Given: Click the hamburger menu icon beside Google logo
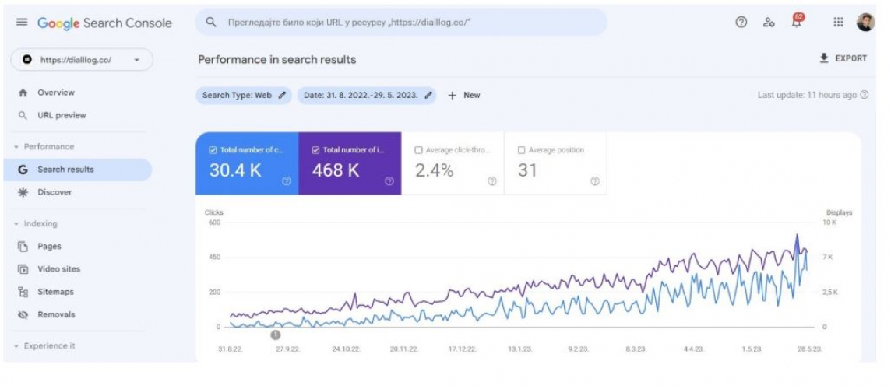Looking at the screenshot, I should click(22, 23).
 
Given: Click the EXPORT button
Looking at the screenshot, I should click(843, 58).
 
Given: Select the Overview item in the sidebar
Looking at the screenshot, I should click(55, 93).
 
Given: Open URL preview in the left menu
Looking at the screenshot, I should click(62, 115).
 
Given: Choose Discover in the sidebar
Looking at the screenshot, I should click(55, 192).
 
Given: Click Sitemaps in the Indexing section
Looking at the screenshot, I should click(55, 292).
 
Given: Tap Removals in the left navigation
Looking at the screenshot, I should click(56, 314).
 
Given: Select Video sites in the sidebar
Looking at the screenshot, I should click(58, 269).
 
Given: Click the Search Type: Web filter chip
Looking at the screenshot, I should click(244, 95).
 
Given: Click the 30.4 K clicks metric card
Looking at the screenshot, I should click(247, 163).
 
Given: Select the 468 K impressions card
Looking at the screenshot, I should click(350, 163).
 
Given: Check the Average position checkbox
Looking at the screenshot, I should click(521, 150).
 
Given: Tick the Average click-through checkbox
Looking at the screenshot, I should click(419, 150).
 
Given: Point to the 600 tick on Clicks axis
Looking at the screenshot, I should click(213, 222).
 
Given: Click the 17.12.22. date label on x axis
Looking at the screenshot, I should click(462, 349).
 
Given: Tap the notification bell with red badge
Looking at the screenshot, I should click(796, 23).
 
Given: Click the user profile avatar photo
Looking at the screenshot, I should click(865, 23).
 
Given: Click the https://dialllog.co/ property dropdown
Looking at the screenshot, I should click(82, 60).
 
